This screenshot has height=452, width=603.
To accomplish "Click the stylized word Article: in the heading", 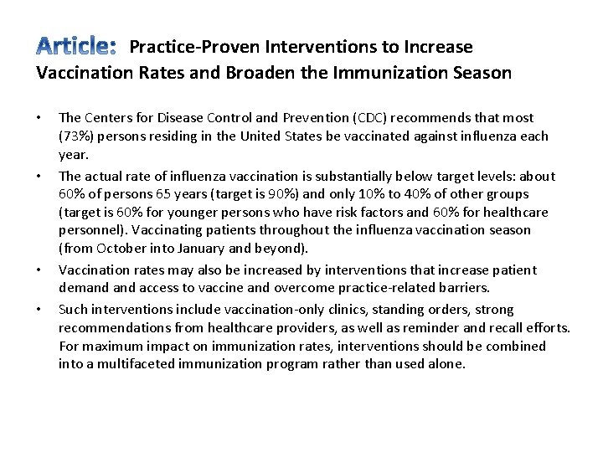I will coord(78,47).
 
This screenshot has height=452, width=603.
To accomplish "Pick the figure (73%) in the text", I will coord(77,136).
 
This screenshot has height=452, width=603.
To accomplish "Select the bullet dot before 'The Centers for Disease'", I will coord(40,118).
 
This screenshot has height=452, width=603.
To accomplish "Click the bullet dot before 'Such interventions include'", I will coord(40,309).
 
